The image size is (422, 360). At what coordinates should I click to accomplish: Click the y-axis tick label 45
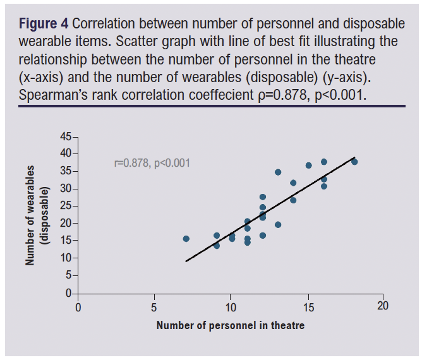click(66, 137)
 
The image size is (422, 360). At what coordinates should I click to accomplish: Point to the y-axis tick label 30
click(66, 189)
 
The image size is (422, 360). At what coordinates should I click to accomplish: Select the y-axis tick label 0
click(69, 294)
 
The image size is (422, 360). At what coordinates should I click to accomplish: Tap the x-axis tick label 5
click(154, 306)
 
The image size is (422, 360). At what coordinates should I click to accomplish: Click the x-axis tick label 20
click(382, 306)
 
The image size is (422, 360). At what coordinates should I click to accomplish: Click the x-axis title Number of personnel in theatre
click(230, 325)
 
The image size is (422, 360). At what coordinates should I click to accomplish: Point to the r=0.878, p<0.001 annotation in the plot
click(152, 163)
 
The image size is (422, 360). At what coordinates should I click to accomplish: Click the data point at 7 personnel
click(186, 239)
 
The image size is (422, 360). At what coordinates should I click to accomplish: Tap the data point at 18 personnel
click(354, 162)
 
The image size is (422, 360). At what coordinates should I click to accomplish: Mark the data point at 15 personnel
click(308, 165)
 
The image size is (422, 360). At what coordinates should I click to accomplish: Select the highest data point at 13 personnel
click(278, 172)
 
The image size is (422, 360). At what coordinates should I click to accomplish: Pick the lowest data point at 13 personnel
click(278, 224)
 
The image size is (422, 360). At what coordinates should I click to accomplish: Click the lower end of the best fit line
click(186, 261)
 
